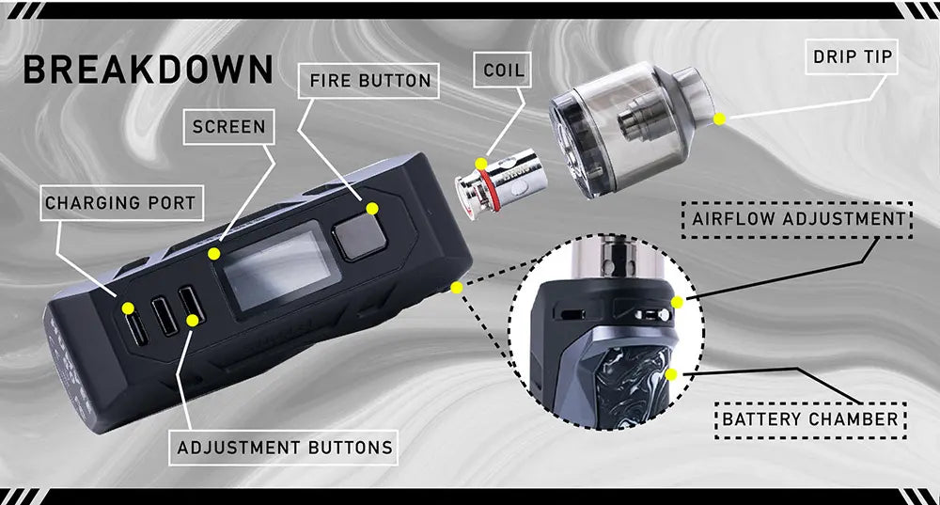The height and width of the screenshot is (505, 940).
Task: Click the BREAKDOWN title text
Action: click(149, 69)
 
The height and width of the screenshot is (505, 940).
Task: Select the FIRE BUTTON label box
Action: click(368, 80)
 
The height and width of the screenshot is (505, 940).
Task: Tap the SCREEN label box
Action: click(229, 127)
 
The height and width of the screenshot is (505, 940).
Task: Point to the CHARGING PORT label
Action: click(121, 203)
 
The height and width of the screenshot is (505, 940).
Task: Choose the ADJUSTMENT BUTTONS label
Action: click(284, 448)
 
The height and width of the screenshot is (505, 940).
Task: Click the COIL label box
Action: click(502, 70)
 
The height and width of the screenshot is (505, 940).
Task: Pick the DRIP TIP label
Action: click(852, 56)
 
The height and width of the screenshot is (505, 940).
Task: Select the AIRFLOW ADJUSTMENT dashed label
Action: click(797, 219)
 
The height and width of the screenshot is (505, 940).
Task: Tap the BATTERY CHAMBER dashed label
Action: click(810, 419)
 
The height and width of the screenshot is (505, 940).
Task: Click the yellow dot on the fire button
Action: click(372, 208)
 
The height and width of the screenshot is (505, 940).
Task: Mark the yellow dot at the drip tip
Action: click(719, 118)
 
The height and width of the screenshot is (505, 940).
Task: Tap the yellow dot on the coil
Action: click(481, 164)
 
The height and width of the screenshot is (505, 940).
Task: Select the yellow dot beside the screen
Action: click(214, 254)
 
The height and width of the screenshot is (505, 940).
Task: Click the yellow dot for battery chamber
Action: click(671, 375)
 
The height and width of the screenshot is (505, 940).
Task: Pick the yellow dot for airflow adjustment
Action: click(678, 302)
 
